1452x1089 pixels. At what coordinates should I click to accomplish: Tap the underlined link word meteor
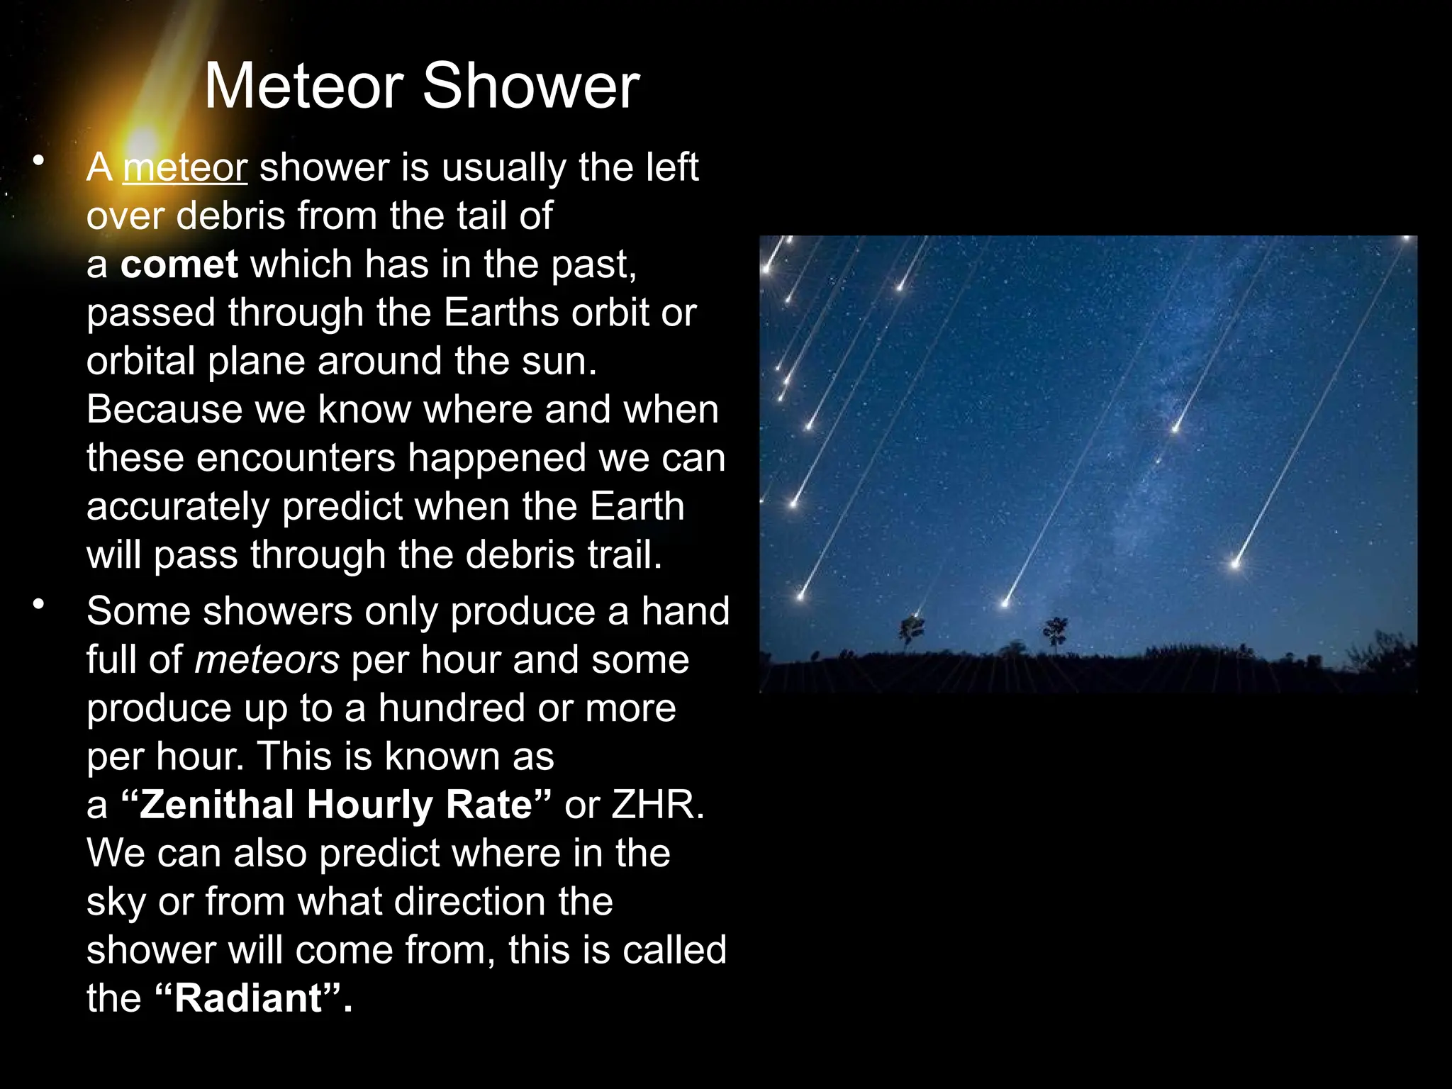click(x=185, y=168)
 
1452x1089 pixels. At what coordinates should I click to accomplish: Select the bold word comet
click(x=179, y=264)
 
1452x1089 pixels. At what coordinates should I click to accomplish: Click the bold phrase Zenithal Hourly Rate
click(x=336, y=805)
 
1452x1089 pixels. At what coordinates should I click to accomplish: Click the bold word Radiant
click(x=248, y=998)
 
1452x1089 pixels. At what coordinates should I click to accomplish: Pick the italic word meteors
click(x=267, y=659)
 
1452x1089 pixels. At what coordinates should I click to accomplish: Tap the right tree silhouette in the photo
click(x=1055, y=631)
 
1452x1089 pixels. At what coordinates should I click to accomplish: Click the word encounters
click(x=296, y=458)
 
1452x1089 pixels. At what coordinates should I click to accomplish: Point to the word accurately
click(x=178, y=506)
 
